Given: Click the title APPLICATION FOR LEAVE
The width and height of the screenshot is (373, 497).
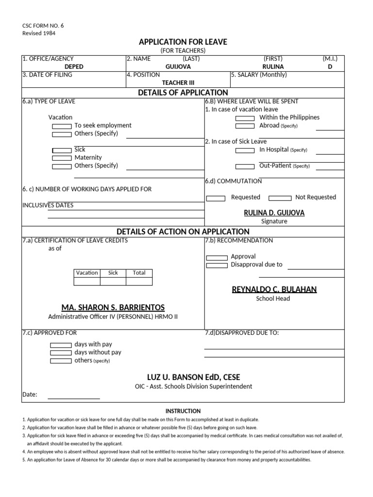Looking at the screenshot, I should coord(183,42).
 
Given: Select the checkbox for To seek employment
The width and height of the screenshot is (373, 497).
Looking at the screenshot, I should coord(62,126).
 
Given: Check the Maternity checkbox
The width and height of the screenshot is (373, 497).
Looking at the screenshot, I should coord(62,158).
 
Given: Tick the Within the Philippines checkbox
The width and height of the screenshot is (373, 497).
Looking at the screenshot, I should coord(245,118).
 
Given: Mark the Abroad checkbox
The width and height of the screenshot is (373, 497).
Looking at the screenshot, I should coord(245,126).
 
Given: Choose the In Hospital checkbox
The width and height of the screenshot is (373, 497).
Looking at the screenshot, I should coord(245,150).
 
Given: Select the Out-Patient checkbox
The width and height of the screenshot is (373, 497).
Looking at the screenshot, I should coord(245,166).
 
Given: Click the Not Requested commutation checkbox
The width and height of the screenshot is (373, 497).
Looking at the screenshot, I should coord(280,198).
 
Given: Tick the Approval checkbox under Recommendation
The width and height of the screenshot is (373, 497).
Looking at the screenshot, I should coord(217,257).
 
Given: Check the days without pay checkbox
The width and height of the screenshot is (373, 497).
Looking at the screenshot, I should coord(61,353).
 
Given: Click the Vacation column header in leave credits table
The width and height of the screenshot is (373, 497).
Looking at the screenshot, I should coord(87,273).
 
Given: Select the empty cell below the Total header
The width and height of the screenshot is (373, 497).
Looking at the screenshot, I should coord(139,282).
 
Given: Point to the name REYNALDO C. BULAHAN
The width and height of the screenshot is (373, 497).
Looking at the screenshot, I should coord(274,290).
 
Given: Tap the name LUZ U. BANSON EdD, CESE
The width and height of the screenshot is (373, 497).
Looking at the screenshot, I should coord(193,377).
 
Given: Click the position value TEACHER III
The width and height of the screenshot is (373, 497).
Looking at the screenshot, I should coord(178,83).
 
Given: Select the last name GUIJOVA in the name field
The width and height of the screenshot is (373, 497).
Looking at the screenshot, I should coord(178,67).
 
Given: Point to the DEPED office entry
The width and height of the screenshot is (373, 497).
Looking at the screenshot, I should coord(74,67).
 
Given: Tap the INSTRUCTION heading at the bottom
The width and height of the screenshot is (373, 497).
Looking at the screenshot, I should coord(183,411).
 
